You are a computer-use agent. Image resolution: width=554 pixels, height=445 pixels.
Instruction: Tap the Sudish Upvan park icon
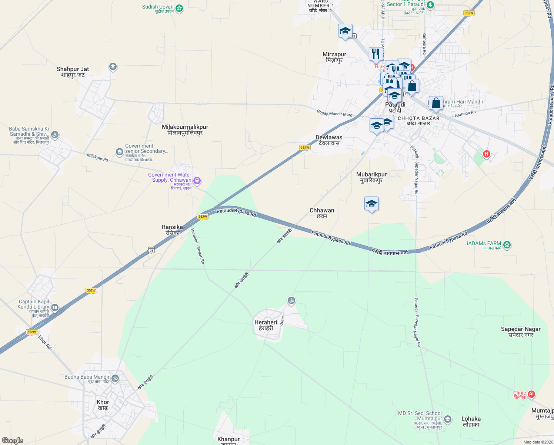tap(179, 8)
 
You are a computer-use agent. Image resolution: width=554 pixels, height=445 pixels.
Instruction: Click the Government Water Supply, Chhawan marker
tap(197, 181)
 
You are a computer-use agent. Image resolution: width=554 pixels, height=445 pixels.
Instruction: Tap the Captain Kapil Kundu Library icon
tap(55, 307)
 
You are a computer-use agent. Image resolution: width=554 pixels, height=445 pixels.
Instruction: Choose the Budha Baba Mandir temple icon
tap(115, 378)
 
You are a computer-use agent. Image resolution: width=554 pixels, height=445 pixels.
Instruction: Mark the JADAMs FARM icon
tap(507, 245)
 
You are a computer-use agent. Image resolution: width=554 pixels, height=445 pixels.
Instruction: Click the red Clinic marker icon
tap(531, 394)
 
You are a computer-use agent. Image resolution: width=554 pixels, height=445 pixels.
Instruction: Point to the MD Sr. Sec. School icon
tap(448, 419)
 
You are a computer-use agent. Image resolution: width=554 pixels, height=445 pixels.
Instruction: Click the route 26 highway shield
tap(151, 250)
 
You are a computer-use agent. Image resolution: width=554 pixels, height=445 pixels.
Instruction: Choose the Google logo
tap(13, 441)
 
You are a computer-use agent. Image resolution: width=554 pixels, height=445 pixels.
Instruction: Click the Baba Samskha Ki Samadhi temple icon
tap(55, 135)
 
